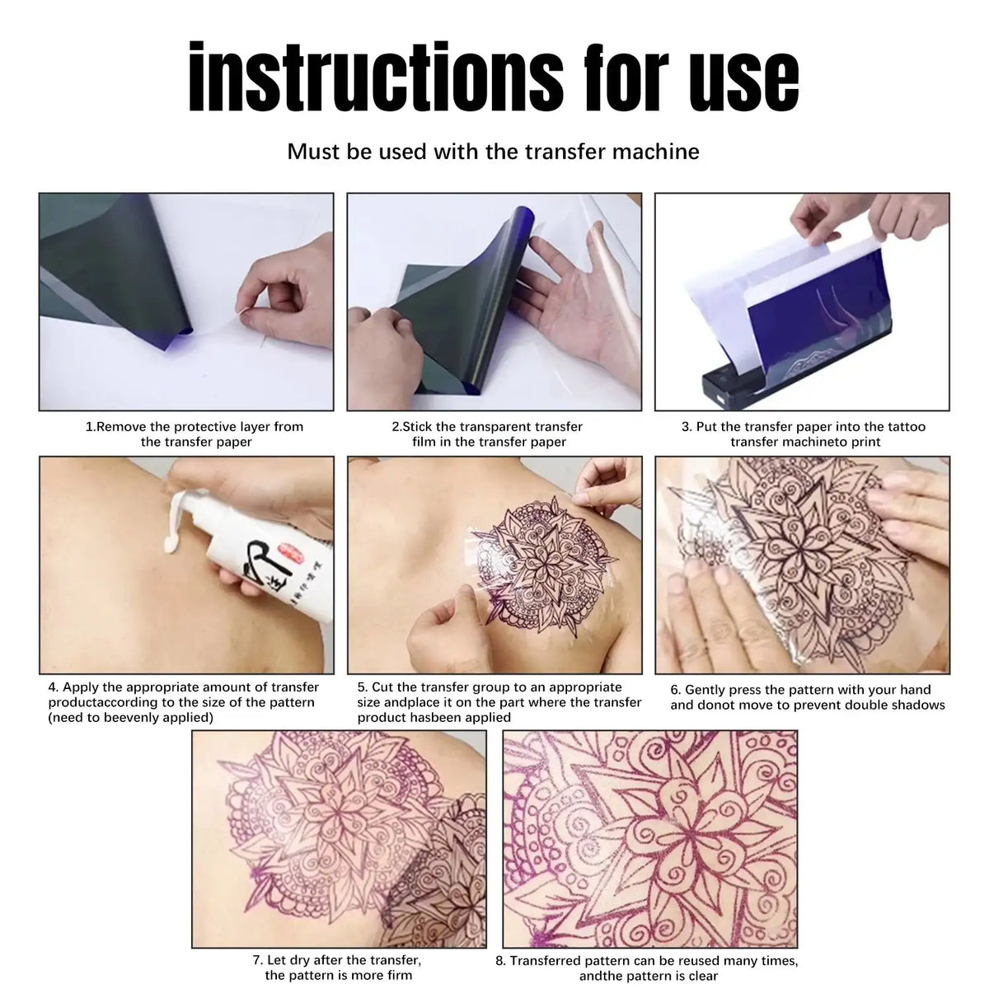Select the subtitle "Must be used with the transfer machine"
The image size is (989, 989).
pyautogui.click(x=493, y=152)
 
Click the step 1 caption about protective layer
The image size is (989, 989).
pyautogui.click(x=195, y=434)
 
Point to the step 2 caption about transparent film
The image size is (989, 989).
pyautogui.click(x=488, y=434)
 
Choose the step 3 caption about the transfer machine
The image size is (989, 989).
pyautogui.click(x=804, y=434)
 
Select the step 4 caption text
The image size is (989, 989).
pyautogui.click(x=183, y=702)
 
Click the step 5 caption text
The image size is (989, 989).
pyautogui.click(x=499, y=702)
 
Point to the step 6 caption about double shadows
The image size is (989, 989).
pyautogui.click(x=807, y=697)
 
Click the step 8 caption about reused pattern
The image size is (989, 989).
pyautogui.click(x=647, y=968)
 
